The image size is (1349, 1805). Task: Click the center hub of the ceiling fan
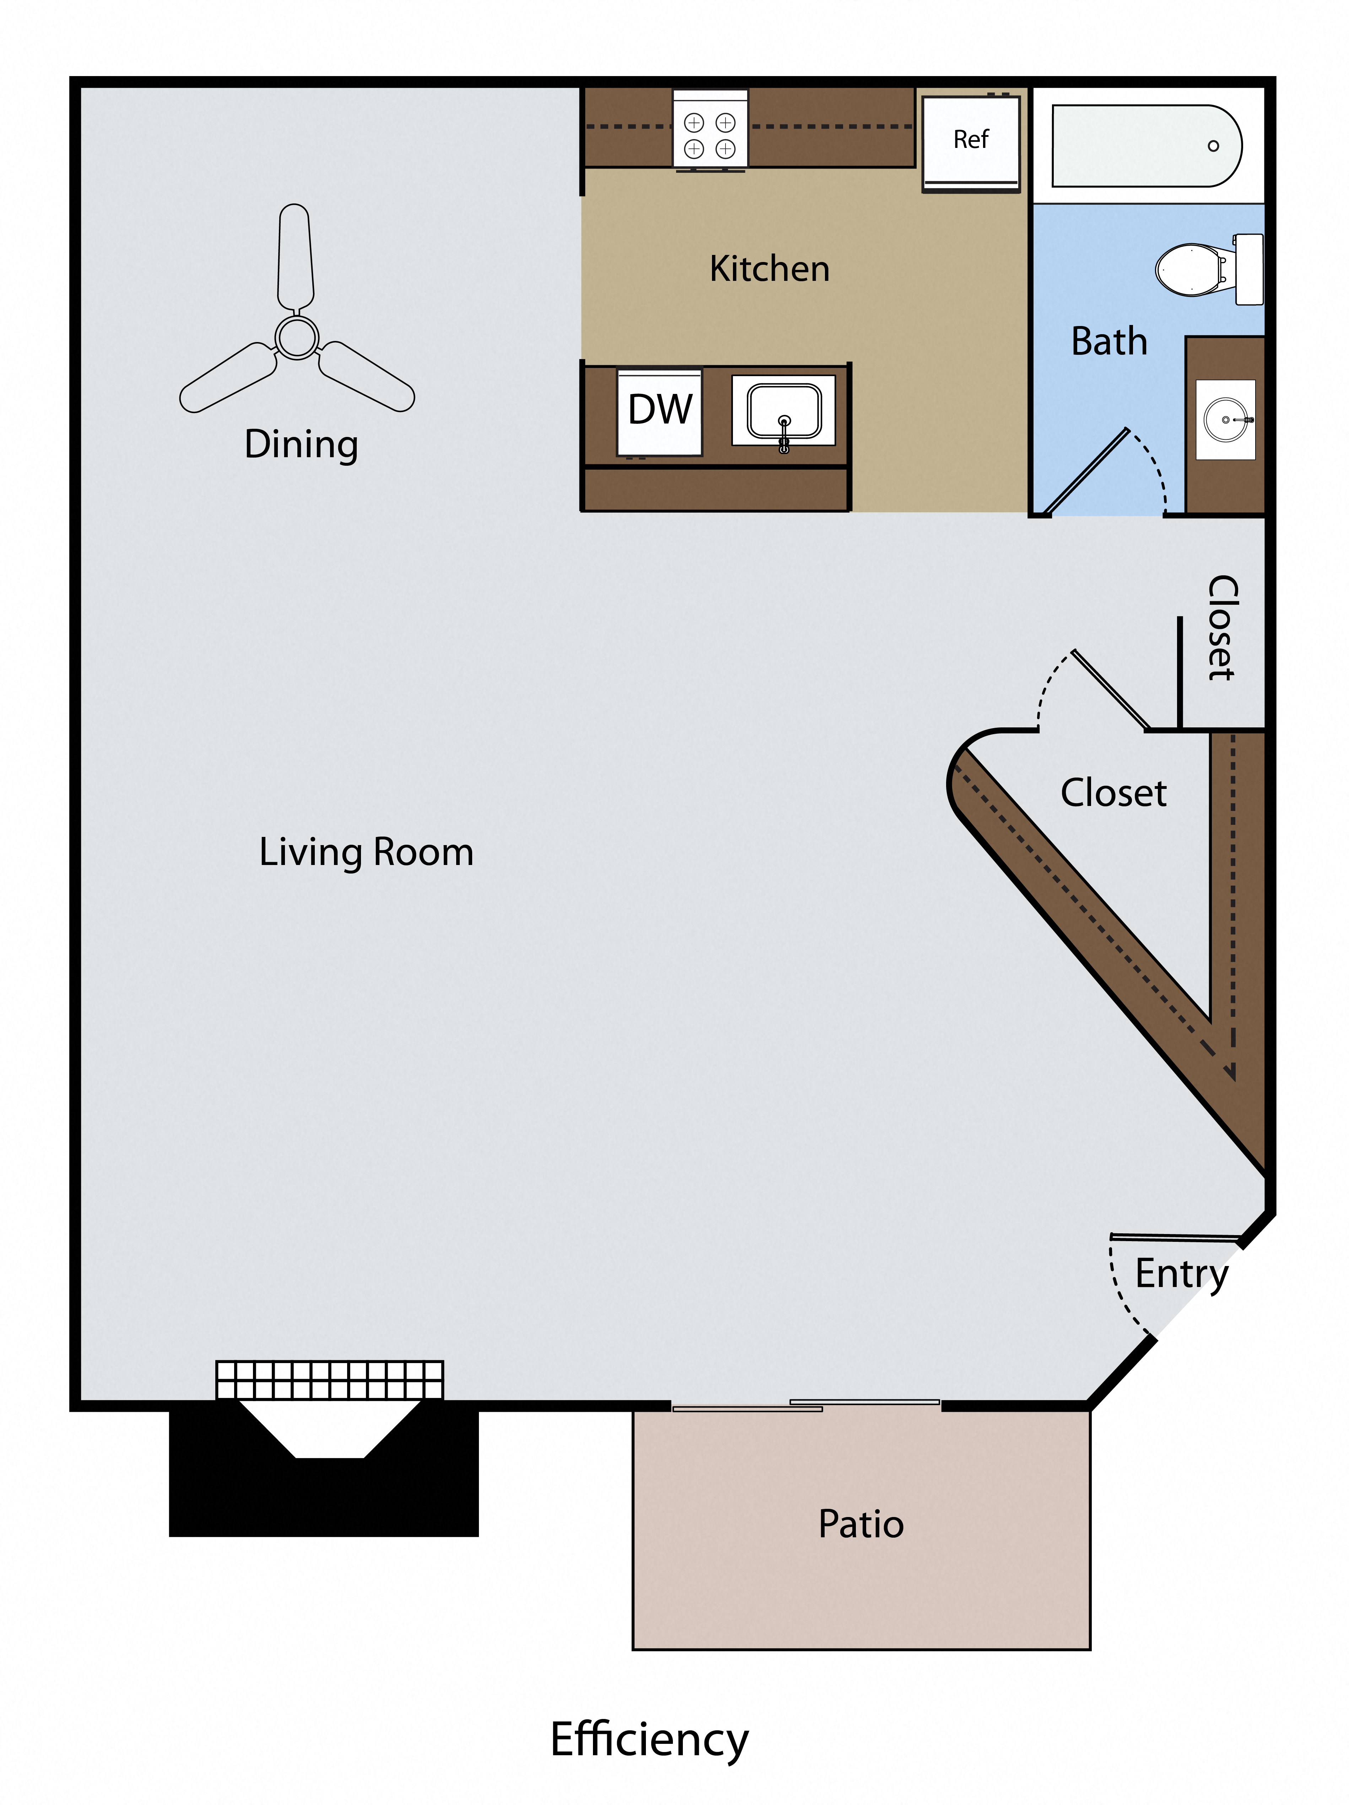pyautogui.click(x=296, y=336)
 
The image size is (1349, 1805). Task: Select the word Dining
pyautogui.click(x=301, y=445)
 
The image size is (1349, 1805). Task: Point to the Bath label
pyautogui.click(x=1108, y=341)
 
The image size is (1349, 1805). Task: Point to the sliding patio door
pyautogui.click(x=806, y=1405)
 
